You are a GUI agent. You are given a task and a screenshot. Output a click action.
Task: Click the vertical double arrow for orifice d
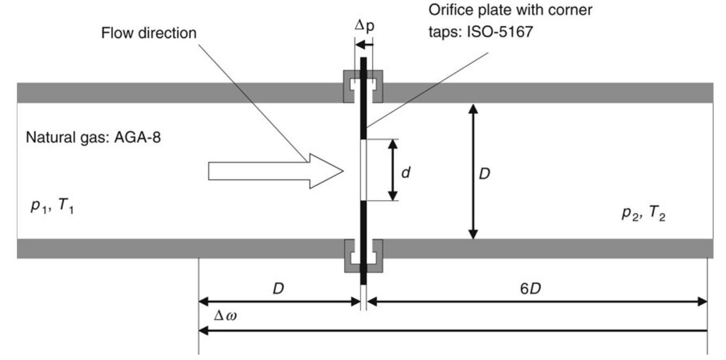coord(393,170)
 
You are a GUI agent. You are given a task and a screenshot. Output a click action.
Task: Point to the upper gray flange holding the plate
coord(363,86)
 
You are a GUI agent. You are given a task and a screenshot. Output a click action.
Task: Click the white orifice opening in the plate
coord(363,170)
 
